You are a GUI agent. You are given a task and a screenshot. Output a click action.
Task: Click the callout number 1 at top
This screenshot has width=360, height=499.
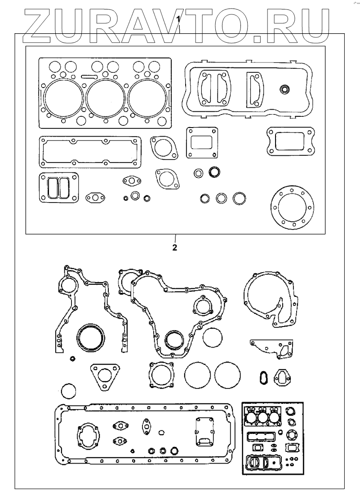click(x=179, y=19)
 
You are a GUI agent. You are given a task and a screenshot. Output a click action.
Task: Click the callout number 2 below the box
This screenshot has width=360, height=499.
click(x=174, y=247)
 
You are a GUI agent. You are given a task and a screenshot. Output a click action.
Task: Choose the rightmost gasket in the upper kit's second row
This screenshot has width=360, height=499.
click(x=289, y=141)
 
